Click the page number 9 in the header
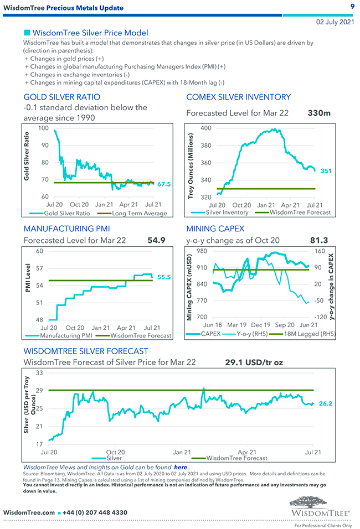352,7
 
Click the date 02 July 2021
335,22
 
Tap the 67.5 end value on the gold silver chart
164,184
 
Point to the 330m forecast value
318,113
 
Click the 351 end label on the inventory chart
326,171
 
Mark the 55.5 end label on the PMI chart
164,277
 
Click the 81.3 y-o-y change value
320,240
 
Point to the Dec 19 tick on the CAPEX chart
260,325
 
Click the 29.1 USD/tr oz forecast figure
255,362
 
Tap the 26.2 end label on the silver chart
326,403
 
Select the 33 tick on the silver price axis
39,374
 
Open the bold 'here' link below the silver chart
181,468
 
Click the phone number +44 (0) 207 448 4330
95,512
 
